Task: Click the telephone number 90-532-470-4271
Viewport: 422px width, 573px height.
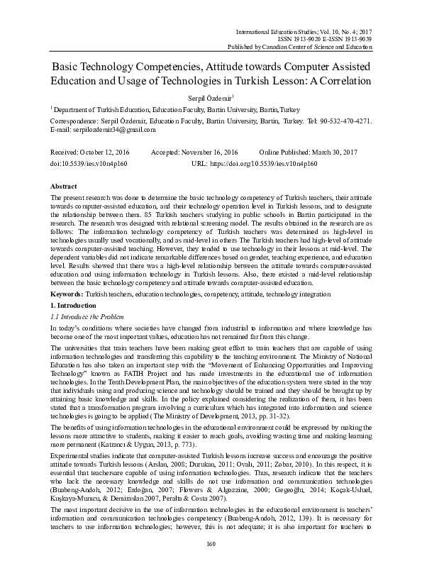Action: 345,121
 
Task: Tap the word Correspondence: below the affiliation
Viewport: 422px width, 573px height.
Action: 73,121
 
